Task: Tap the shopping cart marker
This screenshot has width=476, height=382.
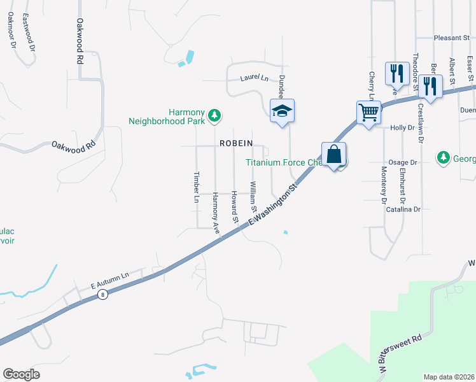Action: click(x=368, y=113)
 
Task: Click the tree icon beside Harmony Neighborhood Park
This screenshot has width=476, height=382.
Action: click(x=216, y=115)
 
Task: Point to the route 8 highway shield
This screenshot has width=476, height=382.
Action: click(x=102, y=294)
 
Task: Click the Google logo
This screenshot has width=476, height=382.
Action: click(x=22, y=374)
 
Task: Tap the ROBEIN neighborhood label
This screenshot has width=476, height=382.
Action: click(x=236, y=143)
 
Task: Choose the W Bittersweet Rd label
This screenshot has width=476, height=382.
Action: click(x=399, y=355)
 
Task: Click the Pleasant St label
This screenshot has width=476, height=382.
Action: click(x=451, y=38)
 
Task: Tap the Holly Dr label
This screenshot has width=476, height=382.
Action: click(x=402, y=127)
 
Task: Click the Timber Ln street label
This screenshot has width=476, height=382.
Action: click(x=197, y=187)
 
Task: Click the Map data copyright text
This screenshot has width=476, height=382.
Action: click(x=449, y=376)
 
